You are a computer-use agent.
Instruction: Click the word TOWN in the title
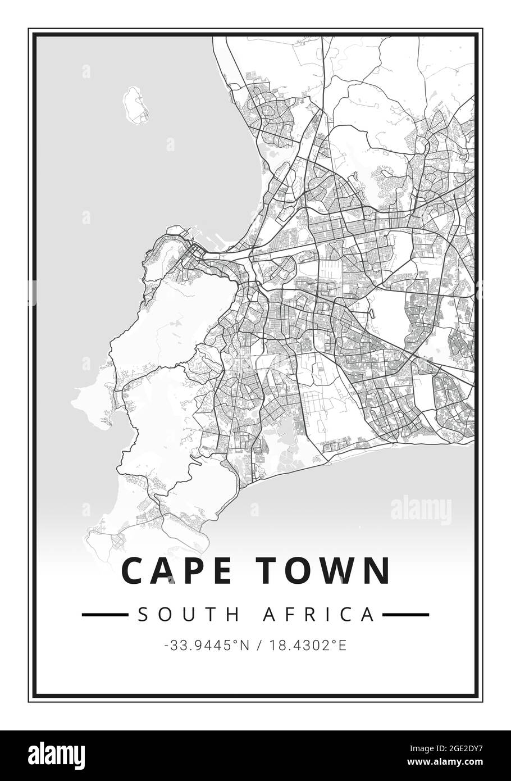[x=325, y=570]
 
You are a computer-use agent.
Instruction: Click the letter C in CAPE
[x=133, y=570]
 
